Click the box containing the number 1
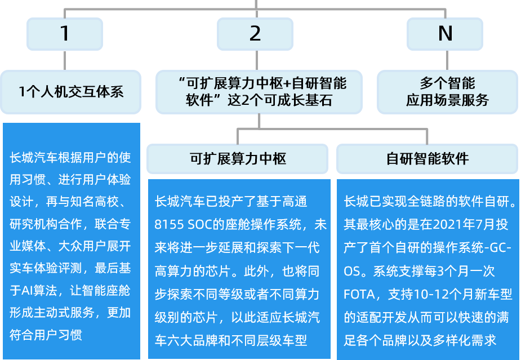coord(65,33)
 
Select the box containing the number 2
coord(255,33)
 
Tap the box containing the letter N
coord(445,33)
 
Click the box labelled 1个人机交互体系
coord(70,91)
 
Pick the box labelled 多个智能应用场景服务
coord(447,91)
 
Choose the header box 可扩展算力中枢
coord(237,158)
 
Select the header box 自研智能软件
coord(427,158)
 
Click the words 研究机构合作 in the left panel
coord(46,224)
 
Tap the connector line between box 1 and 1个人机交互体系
coord(65,60)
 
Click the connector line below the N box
coord(445,60)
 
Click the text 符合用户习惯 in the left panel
coord(46,335)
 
